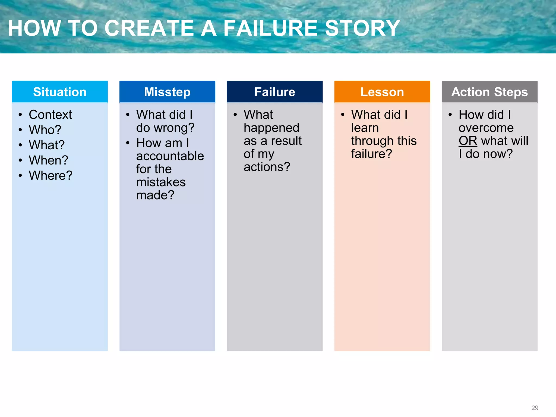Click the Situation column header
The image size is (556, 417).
(x=60, y=92)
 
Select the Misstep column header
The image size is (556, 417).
(x=167, y=92)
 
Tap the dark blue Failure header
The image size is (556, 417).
(x=275, y=92)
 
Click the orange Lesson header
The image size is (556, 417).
(x=382, y=92)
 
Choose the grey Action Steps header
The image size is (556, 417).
(x=489, y=92)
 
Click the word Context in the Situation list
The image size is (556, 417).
(x=50, y=115)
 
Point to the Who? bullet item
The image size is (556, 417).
(x=45, y=130)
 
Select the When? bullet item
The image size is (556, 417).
(x=49, y=160)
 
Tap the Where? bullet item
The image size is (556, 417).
(x=51, y=175)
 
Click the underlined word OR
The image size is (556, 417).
(x=468, y=141)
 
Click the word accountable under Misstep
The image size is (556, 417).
(x=170, y=156)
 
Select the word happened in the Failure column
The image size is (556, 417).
(x=271, y=128)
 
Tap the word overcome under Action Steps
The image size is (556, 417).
(x=486, y=128)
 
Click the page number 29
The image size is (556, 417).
(x=535, y=408)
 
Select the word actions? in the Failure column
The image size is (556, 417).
(x=267, y=167)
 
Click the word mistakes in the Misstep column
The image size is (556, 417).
(x=161, y=182)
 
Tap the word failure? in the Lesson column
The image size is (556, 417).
(x=371, y=154)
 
